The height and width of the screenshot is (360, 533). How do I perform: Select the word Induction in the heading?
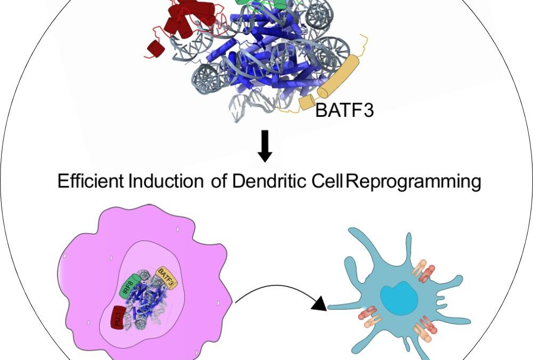[166, 182]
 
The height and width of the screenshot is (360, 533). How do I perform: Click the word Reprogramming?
[414, 182]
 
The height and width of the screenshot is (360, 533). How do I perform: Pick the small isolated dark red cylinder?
[155, 47]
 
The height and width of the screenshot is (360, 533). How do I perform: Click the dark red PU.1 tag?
[118, 318]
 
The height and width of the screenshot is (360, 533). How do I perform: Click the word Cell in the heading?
[328, 182]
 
